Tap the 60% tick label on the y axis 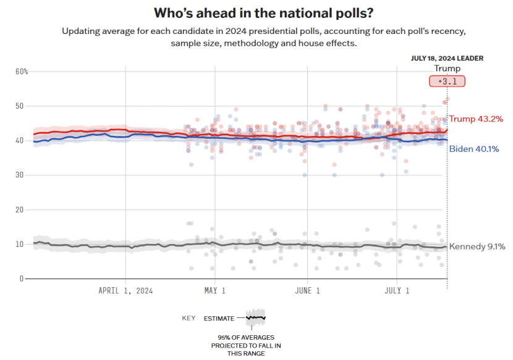click(22, 72)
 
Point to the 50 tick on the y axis click(19, 106)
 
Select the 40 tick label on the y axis click(19, 141)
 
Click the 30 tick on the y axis click(19, 175)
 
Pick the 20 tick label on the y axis click(19, 210)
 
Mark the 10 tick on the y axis click(19, 245)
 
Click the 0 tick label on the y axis click(21, 279)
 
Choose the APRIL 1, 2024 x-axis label click(125, 290)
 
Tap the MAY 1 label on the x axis click(214, 290)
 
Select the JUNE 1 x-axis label click(307, 290)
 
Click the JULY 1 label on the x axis click(397, 290)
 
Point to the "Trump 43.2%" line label click(476, 119)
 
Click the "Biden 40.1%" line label click(475, 149)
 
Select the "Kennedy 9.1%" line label click(477, 246)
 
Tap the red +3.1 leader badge click(447, 82)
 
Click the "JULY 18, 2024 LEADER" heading click(447, 58)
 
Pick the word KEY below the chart click(189, 319)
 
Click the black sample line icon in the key click(255, 318)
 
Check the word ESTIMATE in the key click(219, 319)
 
